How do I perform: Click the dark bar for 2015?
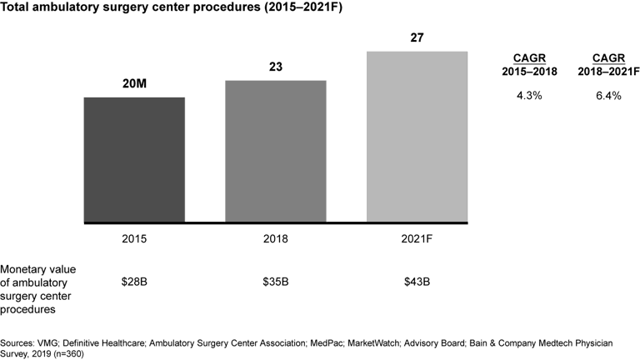pos(134,160)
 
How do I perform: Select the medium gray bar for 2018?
pos(275,152)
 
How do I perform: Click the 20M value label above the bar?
pos(134,85)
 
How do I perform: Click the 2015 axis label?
pos(134,239)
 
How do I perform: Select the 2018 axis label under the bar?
pos(275,239)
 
